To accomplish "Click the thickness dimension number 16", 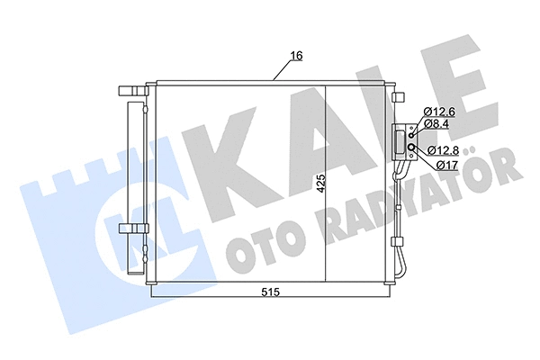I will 294,57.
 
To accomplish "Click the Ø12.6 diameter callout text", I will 440,112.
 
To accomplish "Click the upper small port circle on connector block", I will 410,135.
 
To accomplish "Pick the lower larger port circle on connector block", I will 410,148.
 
